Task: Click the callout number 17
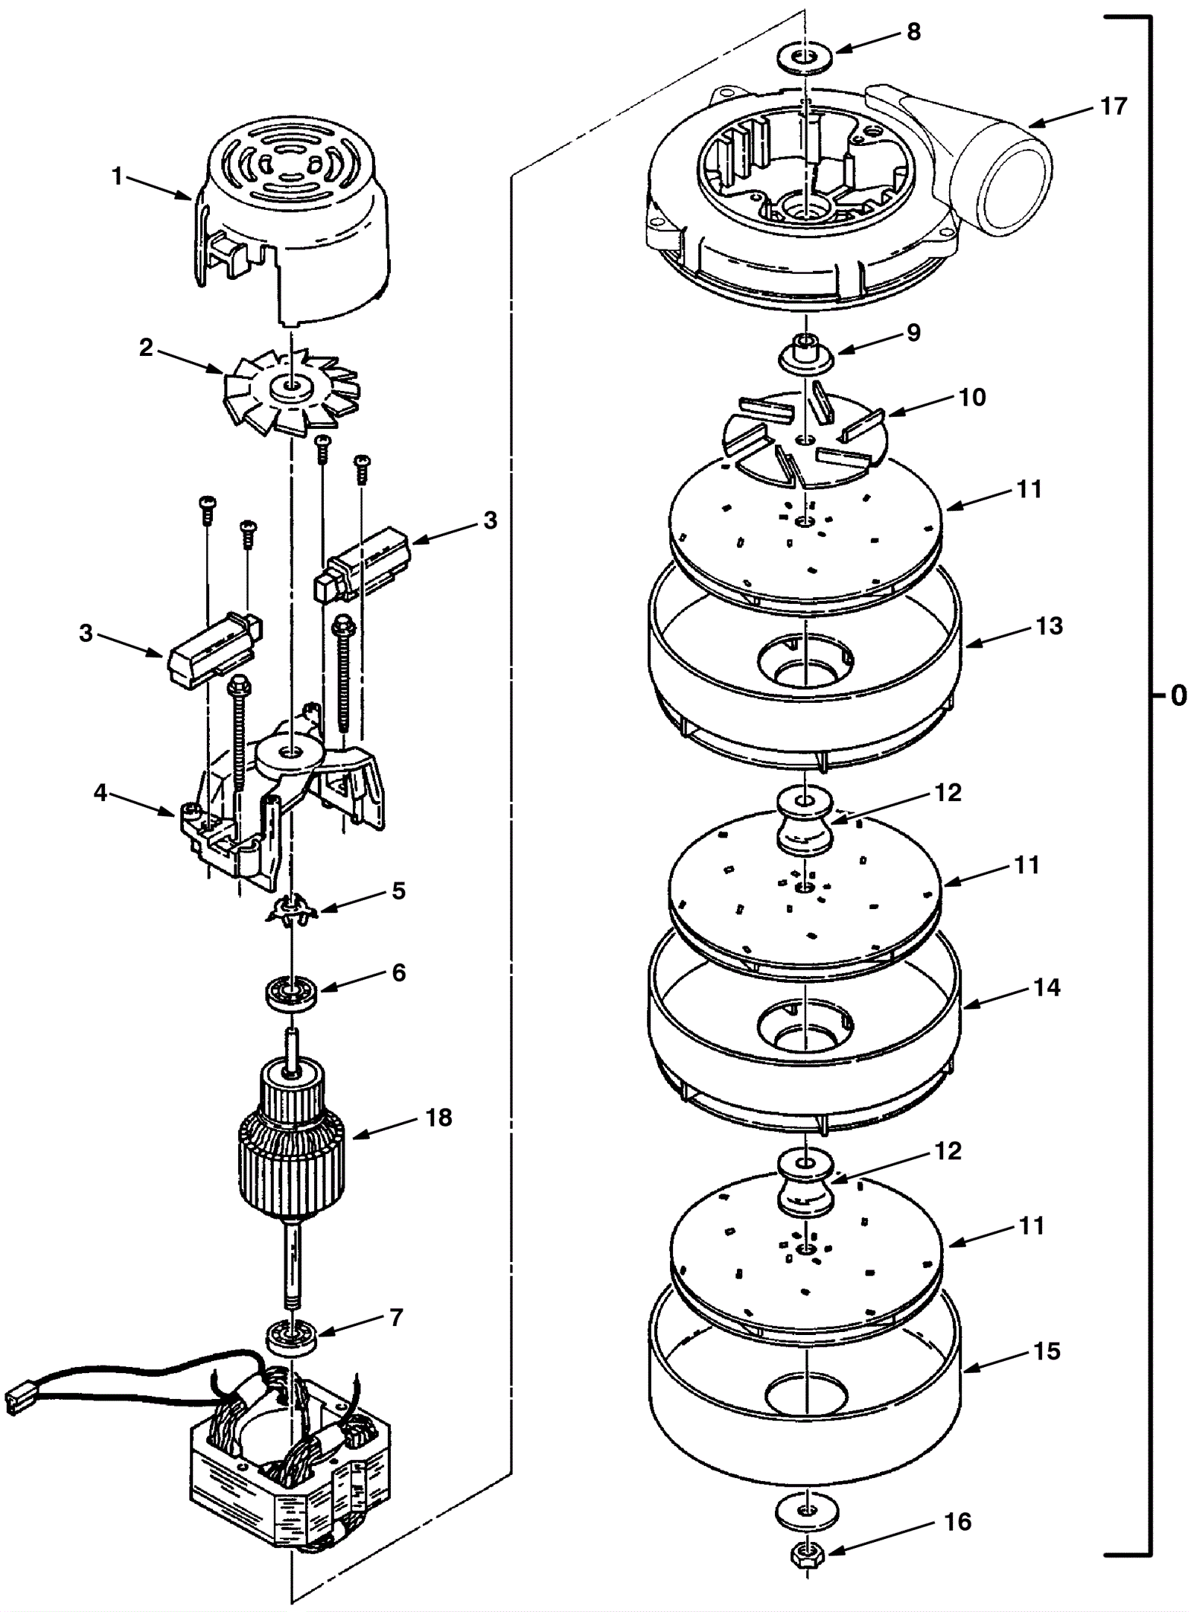pyautogui.click(x=1114, y=106)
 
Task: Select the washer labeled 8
pyautogui.click(x=805, y=58)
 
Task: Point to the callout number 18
pyautogui.click(x=438, y=1118)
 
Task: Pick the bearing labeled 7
pyautogui.click(x=293, y=1337)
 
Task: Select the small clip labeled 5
pyautogui.click(x=291, y=911)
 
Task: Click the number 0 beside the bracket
pyautogui.click(x=1178, y=695)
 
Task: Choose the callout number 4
pyautogui.click(x=100, y=793)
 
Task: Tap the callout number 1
pyautogui.click(x=116, y=176)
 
